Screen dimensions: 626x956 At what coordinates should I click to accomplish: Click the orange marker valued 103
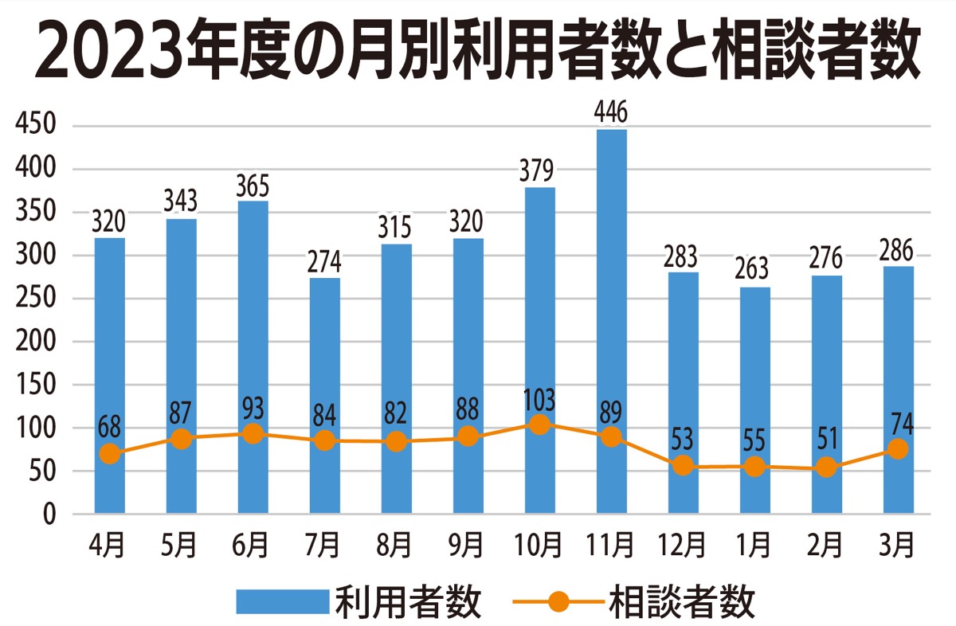click(540, 425)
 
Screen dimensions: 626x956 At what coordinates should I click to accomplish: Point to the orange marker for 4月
click(110, 454)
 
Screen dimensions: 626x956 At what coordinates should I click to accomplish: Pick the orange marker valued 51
click(826, 468)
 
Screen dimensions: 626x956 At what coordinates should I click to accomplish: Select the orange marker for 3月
click(898, 449)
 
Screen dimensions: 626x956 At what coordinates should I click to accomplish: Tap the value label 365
click(253, 186)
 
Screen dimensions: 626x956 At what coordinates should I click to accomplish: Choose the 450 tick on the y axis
click(34, 126)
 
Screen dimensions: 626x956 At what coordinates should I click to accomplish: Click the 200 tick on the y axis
click(34, 342)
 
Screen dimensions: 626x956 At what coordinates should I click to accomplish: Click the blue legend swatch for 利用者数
click(283, 602)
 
